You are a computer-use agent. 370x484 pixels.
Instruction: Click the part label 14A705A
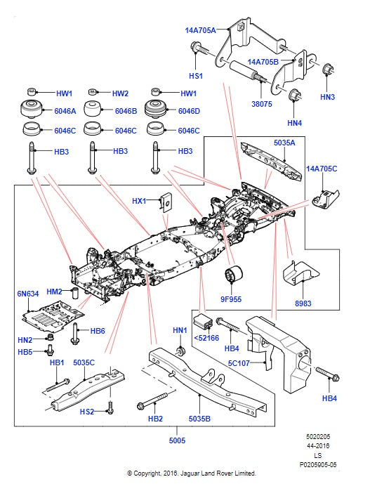200,30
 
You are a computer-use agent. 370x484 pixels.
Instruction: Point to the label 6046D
189,112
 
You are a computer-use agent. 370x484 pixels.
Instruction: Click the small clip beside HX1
165,202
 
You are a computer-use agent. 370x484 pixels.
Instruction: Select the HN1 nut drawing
179,349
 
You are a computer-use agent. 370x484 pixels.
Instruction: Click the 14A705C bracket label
321,169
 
